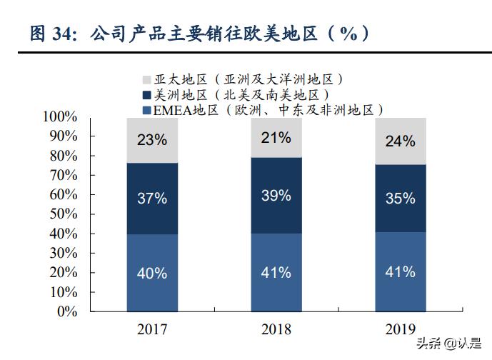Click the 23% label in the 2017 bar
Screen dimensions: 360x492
click(151, 141)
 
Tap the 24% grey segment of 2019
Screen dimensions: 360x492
click(400, 141)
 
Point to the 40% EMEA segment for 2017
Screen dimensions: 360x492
click(151, 273)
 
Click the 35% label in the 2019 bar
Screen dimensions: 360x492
click(400, 199)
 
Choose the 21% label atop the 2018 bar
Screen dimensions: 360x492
click(276, 138)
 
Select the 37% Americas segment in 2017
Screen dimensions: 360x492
click(151, 199)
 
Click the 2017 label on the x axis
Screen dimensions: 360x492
click(151, 329)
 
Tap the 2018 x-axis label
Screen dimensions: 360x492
click(276, 329)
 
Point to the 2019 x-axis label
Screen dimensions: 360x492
click(400, 329)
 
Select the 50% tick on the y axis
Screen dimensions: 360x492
click(64, 214)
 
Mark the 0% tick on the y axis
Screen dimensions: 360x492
click(68, 311)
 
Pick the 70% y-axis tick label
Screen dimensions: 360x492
click(64, 175)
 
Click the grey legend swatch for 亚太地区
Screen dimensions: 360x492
click(146, 79)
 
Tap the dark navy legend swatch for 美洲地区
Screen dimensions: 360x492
click(146, 95)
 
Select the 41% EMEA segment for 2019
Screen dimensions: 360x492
click(400, 272)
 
